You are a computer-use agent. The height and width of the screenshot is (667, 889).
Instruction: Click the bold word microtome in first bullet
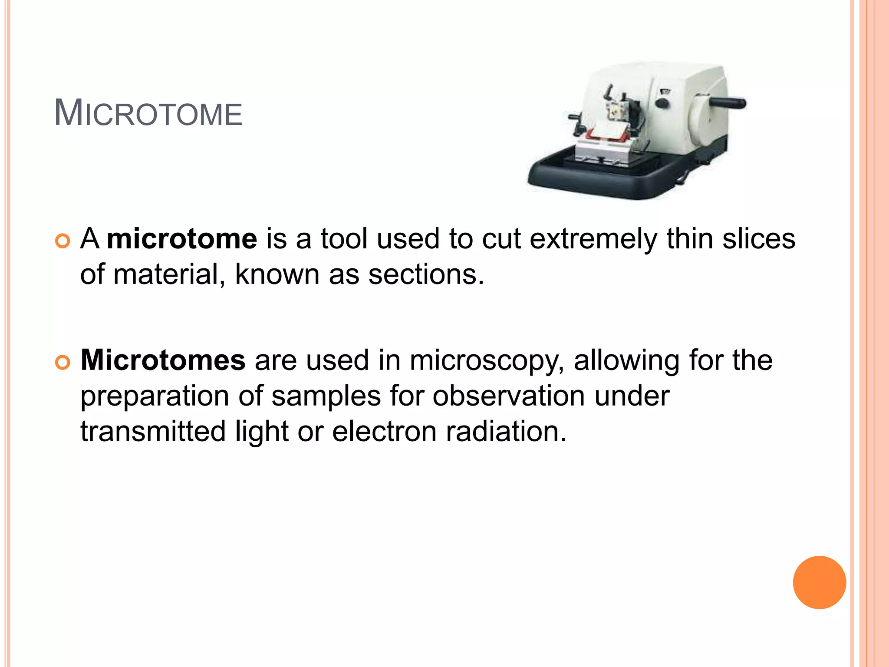[182, 239]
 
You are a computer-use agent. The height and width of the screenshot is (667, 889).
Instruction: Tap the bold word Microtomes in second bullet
[163, 360]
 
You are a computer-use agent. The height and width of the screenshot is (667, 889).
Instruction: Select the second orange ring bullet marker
[63, 362]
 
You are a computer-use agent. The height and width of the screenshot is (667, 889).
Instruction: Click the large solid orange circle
[819, 582]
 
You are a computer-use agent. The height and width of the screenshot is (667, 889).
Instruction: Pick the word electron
[384, 432]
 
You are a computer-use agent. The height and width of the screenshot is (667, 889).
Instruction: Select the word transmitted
[153, 432]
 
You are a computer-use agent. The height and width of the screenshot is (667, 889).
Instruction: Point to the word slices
[758, 239]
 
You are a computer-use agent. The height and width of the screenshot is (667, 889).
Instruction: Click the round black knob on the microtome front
[662, 103]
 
